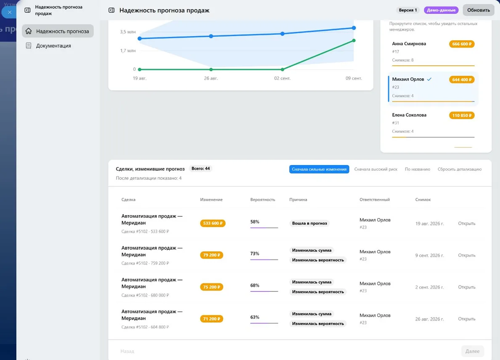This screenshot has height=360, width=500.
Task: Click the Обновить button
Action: pos(478,10)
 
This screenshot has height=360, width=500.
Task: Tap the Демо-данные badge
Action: pos(441,10)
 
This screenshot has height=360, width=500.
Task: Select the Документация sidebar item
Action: pos(53,45)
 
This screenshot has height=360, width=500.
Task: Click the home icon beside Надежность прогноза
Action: pos(28,31)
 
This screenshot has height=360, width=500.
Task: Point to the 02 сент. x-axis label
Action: pos(282,78)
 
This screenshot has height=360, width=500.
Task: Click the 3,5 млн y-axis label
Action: pos(128,32)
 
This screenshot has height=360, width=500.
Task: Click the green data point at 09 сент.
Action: pos(354,40)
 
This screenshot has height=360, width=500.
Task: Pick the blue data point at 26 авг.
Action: pos(211,36)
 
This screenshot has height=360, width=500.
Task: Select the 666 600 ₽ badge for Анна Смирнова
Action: pos(461,44)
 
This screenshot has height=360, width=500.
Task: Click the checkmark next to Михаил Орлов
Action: pos(429,79)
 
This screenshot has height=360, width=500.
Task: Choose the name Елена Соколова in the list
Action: pos(409,115)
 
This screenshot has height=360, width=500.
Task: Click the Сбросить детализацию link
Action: pos(460,169)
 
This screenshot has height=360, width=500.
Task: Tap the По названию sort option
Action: pos(418,169)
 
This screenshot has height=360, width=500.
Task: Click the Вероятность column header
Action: pos(263,200)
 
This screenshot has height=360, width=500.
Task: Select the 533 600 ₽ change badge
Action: pos(213,223)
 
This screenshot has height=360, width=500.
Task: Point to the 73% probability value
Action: pos(255,253)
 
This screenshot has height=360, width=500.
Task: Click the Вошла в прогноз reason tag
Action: pos(309,223)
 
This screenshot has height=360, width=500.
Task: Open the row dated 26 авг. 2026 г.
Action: pos(466,319)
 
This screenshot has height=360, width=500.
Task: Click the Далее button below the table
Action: pos(472,351)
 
